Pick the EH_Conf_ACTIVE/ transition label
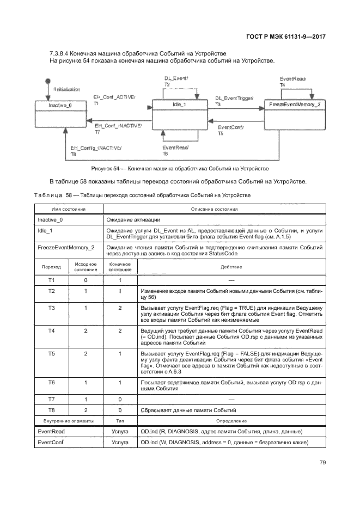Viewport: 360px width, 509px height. point(114,96)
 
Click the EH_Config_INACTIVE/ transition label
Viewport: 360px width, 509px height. point(96,148)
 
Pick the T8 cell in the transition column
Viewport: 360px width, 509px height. point(52,410)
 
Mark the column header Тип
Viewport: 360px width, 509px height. point(120,421)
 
